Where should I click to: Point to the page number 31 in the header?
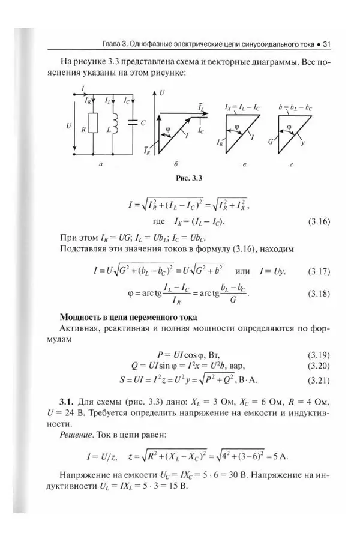327,44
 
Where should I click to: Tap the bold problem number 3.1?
67,400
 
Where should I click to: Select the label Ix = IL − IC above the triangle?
242,106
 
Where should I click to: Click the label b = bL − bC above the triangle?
296,106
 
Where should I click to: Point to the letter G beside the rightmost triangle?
271,143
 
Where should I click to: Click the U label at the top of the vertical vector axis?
163,93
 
